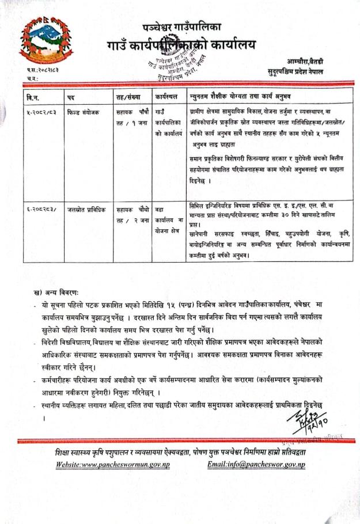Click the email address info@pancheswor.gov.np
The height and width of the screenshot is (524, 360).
pos(259,465)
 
